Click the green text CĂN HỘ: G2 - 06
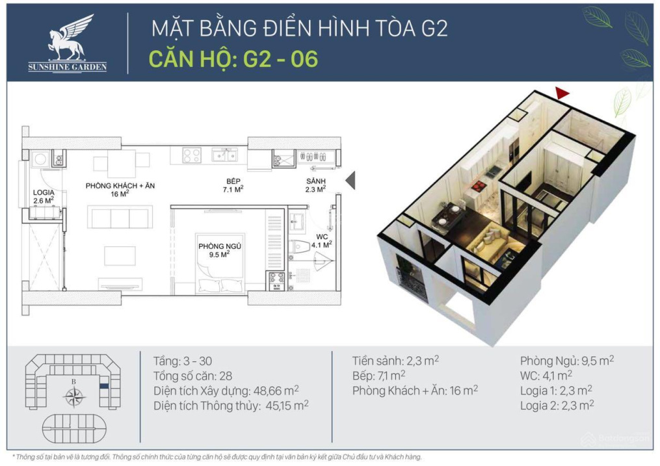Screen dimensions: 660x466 (233, 58)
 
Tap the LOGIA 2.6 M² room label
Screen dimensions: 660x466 (44, 196)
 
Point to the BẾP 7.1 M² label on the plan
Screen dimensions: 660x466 (233, 185)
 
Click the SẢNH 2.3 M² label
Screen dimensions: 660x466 (315, 185)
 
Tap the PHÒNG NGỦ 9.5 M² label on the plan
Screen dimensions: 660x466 (220, 250)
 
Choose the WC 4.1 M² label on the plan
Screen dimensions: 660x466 (322, 241)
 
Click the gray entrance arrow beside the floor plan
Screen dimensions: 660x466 (350, 180)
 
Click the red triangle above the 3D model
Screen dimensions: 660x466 (562, 93)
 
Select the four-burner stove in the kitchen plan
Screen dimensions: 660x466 (192, 155)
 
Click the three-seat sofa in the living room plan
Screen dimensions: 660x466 (120, 216)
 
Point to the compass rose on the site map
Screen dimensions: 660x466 (74, 396)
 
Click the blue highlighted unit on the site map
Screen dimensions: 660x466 (104, 385)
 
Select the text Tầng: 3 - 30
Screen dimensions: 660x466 (183, 361)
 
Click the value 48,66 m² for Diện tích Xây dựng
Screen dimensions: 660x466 (276, 391)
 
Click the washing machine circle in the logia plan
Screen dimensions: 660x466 (40, 159)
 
